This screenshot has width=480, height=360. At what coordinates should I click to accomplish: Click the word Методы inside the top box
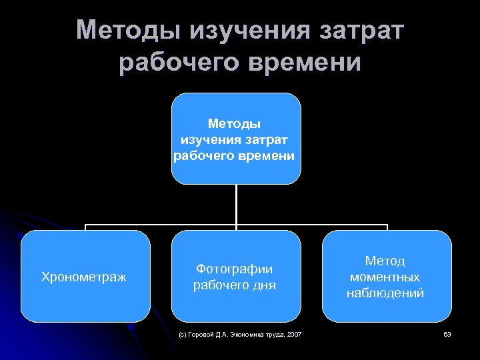235,123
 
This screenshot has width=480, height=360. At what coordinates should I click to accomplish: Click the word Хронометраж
84,276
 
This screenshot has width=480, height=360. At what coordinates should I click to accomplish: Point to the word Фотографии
235,269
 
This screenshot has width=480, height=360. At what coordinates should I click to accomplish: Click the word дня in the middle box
263,285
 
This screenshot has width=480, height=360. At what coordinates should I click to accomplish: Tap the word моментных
385,277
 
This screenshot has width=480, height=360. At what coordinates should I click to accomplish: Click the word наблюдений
385,293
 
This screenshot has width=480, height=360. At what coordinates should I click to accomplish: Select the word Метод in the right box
385,261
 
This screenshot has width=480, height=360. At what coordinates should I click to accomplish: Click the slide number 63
447,333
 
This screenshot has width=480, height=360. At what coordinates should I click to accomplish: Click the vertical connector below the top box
236,203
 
